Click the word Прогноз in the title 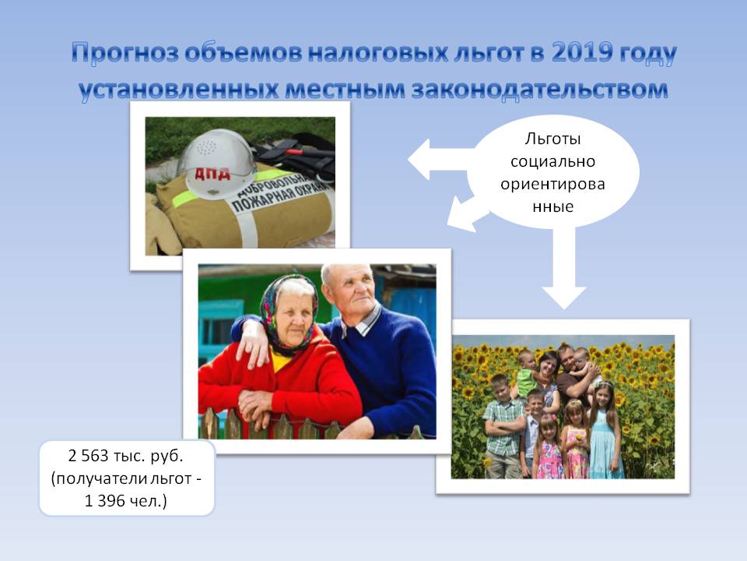pos(124,53)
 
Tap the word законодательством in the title pos(539,89)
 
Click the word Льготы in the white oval pos(552,139)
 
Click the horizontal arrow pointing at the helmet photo pos(440,159)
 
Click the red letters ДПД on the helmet pos(212,173)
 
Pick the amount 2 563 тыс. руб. pos(126,456)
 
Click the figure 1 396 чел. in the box pos(126,501)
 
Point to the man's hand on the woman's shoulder pos(252,345)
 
